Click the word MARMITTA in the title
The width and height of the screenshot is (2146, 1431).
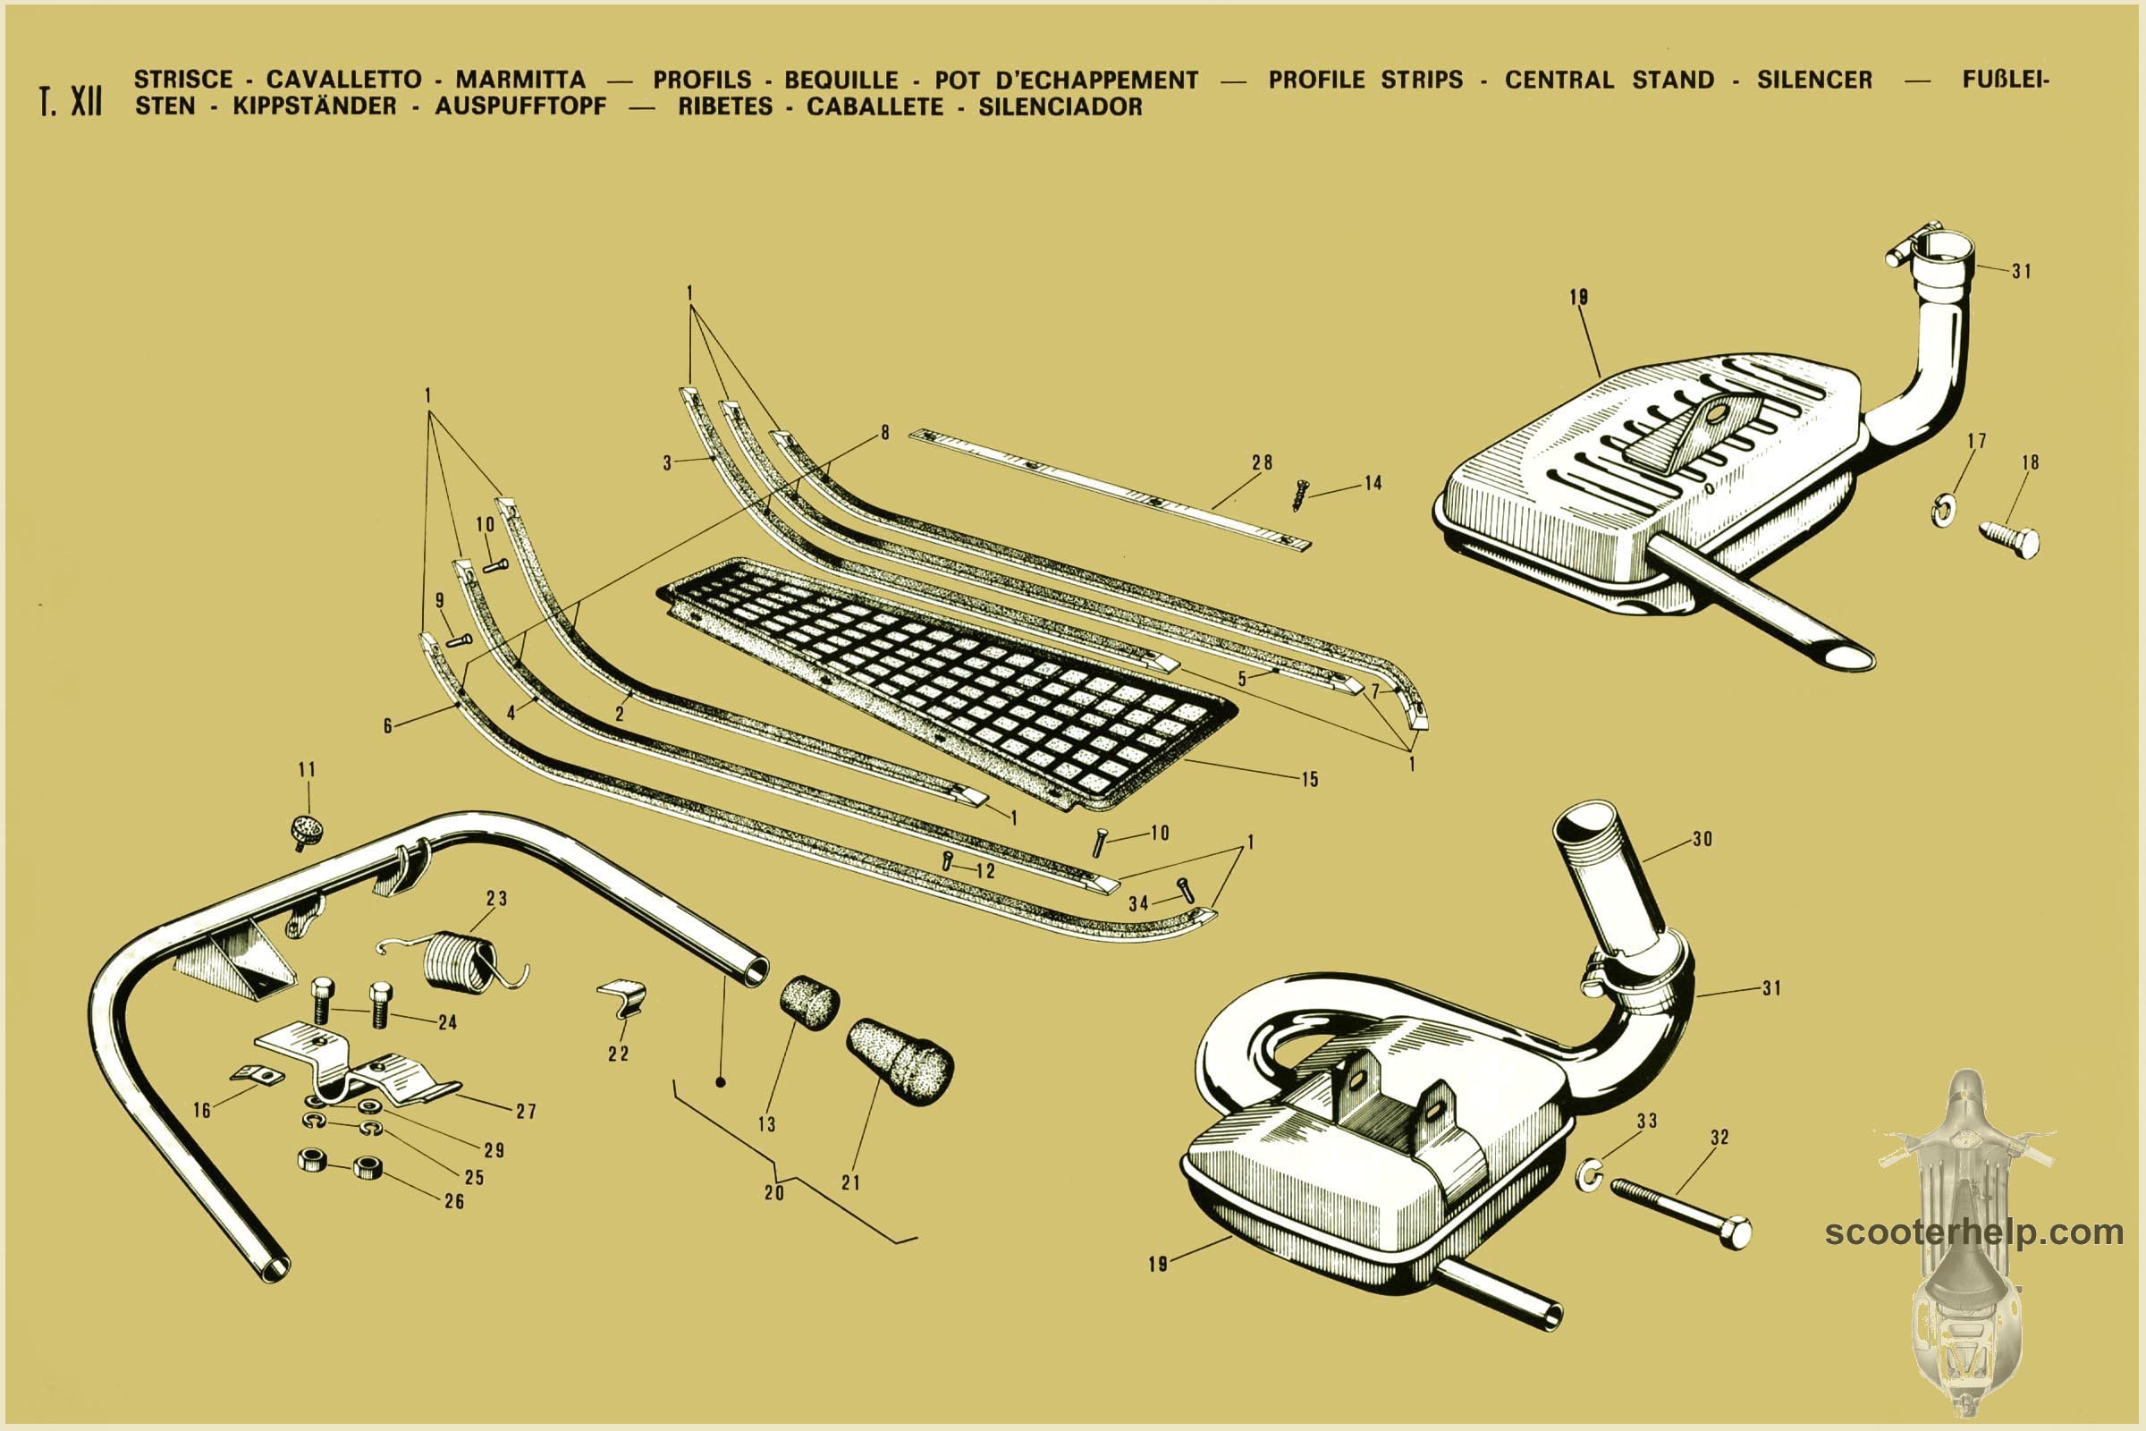(520, 80)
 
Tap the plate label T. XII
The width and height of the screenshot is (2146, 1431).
(71, 101)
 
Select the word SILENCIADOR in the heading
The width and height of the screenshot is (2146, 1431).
(1060, 106)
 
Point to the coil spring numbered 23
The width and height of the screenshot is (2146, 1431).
(456, 961)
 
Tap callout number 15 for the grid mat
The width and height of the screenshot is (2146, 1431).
(1309, 779)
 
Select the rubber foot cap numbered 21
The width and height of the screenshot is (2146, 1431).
(900, 1062)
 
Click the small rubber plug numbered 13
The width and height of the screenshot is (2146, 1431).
(809, 1002)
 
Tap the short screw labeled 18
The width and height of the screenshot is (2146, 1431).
(2009, 539)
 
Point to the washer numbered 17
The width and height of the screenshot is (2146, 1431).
(1942, 510)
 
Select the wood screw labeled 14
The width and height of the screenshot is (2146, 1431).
(1300, 495)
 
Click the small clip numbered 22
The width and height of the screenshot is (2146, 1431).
(623, 996)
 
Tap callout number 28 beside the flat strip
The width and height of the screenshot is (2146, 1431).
(1262, 462)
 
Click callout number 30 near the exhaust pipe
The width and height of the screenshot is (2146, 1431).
(1702, 839)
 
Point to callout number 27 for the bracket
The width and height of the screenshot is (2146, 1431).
(527, 1111)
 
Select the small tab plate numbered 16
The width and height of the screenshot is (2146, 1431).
(258, 1074)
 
